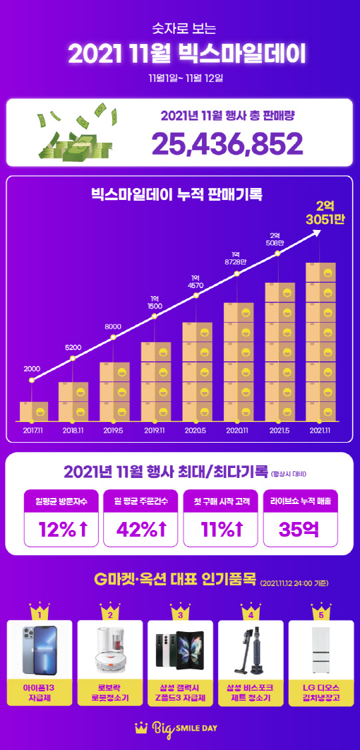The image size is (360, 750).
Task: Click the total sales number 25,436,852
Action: click(227, 143)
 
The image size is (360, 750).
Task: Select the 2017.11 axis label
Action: click(33, 430)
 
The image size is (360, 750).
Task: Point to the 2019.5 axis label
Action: click(113, 430)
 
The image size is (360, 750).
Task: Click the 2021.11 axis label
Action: click(320, 430)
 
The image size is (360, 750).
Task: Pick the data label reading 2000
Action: click(32, 368)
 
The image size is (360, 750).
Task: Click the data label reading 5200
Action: click(73, 347)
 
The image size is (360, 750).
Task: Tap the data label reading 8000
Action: click(113, 326)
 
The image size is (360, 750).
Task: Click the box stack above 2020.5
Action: click(197, 371)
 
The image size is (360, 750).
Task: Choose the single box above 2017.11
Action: click(33, 411)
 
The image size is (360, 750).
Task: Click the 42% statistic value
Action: click(140, 529)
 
